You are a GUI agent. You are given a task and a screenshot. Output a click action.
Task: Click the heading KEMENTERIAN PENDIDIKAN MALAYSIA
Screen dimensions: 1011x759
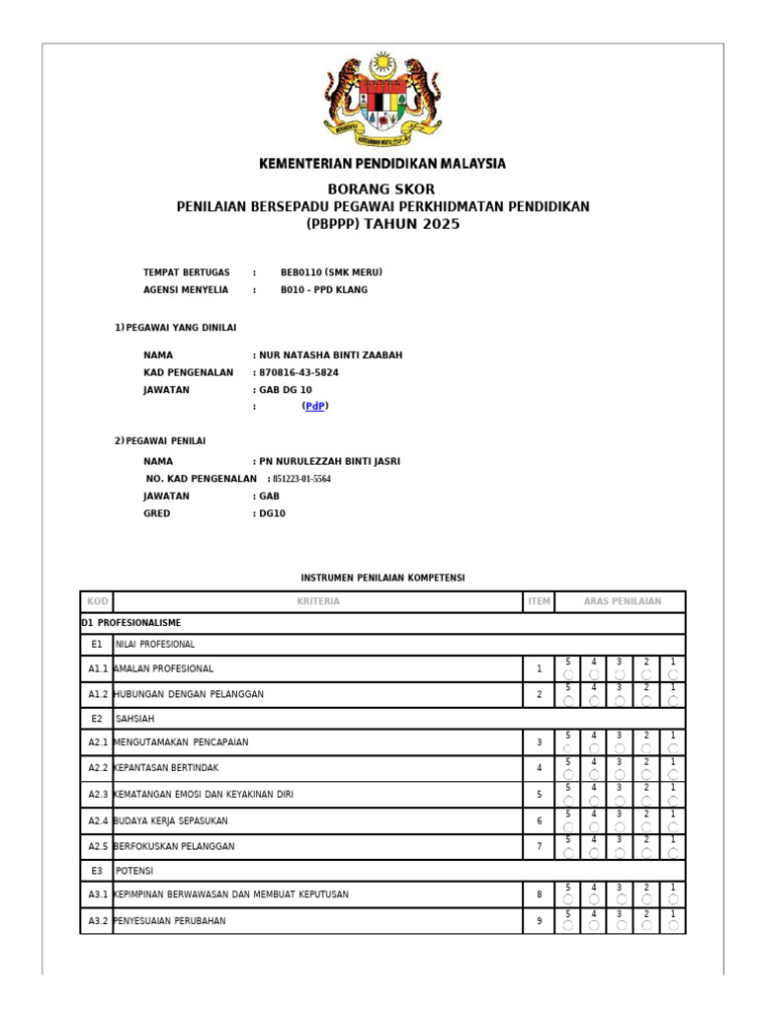click(381, 164)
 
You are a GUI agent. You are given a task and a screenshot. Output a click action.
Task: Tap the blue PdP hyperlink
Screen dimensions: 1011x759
click(315, 406)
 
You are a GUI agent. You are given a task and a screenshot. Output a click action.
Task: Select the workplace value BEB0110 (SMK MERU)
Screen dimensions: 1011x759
click(331, 272)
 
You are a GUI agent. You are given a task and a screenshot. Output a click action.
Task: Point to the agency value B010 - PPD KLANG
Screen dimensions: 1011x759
click(323, 290)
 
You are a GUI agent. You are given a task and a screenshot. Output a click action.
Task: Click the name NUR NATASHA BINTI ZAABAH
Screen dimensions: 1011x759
click(330, 355)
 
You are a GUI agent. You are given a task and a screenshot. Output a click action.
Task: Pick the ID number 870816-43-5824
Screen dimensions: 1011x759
click(298, 373)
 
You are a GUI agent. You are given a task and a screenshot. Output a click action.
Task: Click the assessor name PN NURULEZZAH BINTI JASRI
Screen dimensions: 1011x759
click(329, 461)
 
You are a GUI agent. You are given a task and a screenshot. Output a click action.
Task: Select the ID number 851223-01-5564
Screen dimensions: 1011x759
click(301, 479)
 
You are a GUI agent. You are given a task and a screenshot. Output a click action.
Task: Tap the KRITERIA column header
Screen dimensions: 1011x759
click(317, 601)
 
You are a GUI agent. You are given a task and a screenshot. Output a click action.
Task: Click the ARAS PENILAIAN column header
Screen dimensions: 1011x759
click(622, 601)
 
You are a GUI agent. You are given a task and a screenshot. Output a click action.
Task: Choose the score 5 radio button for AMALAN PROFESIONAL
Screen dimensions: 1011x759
click(568, 674)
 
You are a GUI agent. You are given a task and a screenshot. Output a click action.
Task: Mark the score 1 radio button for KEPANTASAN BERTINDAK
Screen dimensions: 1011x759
click(673, 775)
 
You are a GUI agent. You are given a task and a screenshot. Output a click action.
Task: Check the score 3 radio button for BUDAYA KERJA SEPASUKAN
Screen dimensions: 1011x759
click(621, 827)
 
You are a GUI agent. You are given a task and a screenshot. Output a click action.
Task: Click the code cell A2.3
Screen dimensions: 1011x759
click(97, 794)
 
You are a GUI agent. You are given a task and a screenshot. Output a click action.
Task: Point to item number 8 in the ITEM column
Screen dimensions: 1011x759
click(539, 894)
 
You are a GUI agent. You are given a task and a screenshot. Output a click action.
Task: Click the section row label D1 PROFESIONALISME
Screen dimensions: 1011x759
click(131, 623)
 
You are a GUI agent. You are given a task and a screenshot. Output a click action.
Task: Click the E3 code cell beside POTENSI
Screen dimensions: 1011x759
click(97, 871)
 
